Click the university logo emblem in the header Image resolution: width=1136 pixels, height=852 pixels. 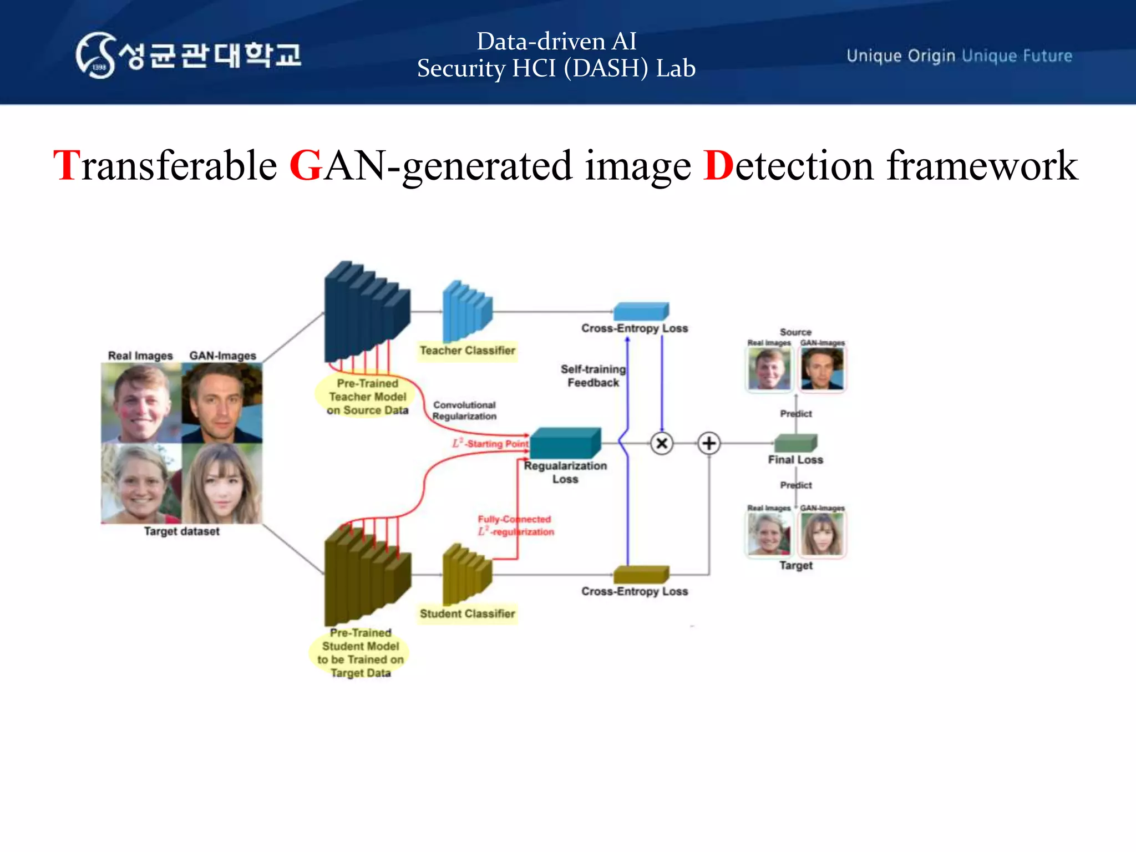point(95,55)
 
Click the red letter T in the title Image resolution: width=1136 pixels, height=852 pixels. point(67,166)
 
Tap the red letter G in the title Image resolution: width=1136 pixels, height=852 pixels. point(306,166)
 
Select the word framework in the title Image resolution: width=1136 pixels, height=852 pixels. point(982,166)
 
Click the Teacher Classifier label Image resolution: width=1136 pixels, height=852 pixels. point(467,351)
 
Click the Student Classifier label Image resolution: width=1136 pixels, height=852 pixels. point(467,613)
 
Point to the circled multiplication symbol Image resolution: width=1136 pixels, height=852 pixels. point(662,443)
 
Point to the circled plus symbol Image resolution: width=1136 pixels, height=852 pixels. point(709,443)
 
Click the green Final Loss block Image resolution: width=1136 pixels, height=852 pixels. point(795,443)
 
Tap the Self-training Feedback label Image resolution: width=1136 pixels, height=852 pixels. point(593,376)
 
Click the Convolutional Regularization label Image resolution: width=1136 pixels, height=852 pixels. point(464,410)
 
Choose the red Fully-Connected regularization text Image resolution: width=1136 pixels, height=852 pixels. point(515,525)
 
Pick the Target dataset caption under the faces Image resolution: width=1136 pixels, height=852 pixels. point(181,531)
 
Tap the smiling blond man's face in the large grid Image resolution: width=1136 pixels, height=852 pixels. point(141,403)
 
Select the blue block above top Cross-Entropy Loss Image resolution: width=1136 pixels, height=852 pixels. point(641,311)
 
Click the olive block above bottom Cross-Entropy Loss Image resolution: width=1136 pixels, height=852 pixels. point(641,575)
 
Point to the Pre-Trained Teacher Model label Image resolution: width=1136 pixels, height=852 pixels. point(367,397)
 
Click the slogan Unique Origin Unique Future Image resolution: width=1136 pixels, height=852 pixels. point(959,56)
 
